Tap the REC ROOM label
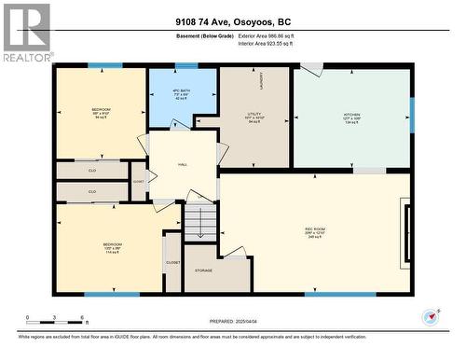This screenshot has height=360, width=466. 314,228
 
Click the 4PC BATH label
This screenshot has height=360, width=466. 182,91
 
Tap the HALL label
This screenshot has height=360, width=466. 183,164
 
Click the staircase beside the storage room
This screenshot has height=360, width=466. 199,223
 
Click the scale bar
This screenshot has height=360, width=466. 55,323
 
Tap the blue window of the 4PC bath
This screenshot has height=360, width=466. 186,66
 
